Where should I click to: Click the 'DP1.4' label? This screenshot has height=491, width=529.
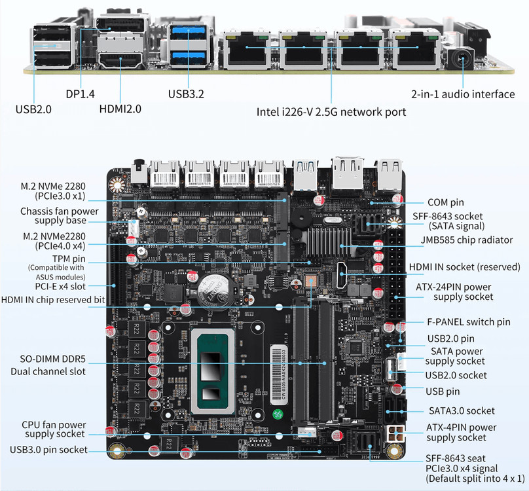[80, 94]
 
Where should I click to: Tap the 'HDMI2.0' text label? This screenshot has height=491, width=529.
[120, 109]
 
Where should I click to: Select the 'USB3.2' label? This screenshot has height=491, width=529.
[186, 94]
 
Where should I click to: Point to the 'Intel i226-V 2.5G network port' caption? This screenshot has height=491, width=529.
[331, 112]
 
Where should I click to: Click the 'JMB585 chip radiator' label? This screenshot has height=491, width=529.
[466, 240]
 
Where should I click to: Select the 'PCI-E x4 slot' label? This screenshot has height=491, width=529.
[68, 285]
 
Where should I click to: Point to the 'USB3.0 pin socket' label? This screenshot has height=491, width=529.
[48, 450]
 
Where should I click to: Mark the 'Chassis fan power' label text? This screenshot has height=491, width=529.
[59, 211]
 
